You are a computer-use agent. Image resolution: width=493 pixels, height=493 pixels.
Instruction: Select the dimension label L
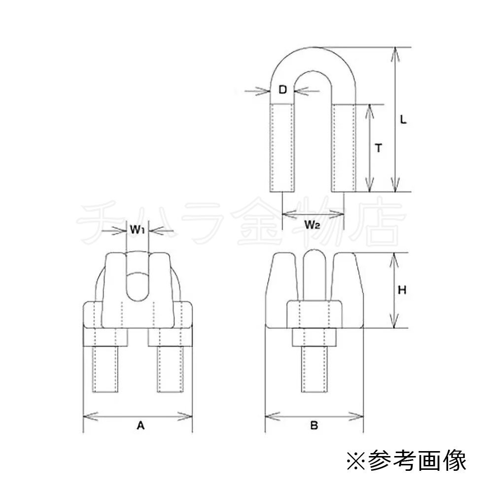pos(403,120)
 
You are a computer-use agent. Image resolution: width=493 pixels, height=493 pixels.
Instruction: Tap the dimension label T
pos(378,148)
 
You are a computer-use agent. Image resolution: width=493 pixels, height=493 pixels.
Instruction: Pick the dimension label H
pos(402,290)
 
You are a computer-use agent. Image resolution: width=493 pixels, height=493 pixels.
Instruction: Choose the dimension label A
pos(140,425)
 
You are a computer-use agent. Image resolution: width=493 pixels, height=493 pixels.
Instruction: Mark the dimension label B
pos(314,425)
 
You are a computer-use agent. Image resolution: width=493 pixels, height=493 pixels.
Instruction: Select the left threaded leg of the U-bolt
pos(282,148)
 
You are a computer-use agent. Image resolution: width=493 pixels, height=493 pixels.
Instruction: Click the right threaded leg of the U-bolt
pos(344,148)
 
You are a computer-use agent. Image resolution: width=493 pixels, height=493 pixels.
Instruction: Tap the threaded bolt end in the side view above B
pos(314,370)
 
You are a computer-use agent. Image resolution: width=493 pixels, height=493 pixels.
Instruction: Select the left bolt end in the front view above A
pos(106,370)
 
